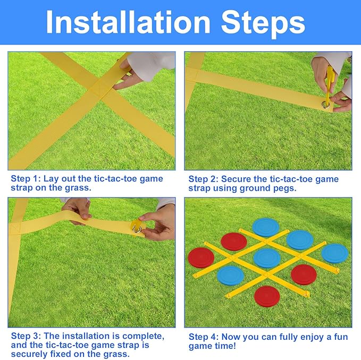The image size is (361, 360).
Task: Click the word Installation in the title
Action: pyautogui.click(x=128, y=22)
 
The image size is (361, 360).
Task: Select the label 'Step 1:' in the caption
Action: pyautogui.click(x=26, y=178)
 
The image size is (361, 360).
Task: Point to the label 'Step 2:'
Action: pyautogui.click(x=203, y=179)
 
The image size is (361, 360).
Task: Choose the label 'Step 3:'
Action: pyautogui.click(x=26, y=336)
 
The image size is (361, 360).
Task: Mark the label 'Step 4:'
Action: pyautogui.click(x=204, y=337)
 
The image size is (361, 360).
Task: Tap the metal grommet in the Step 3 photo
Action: pyautogui.click(x=137, y=229)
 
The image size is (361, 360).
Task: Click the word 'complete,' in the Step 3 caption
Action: pyautogui.click(x=144, y=336)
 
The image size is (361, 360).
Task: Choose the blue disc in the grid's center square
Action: pyautogui.click(x=267, y=259)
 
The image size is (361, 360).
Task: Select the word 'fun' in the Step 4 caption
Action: pyautogui.click(x=341, y=337)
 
